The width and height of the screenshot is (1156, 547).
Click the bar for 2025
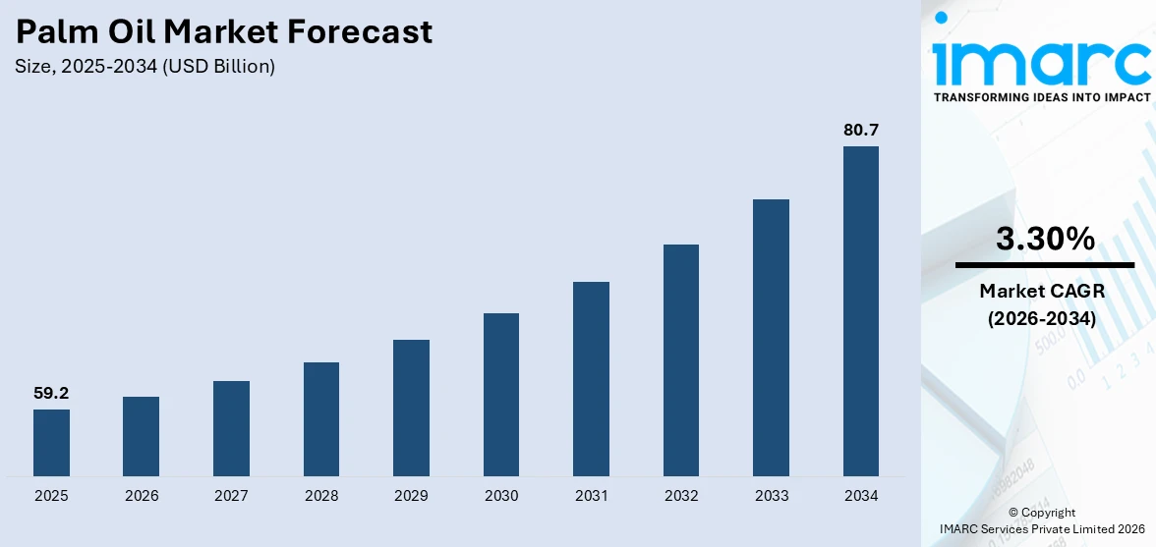pos(51,443)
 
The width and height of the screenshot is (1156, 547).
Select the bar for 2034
pos(861,311)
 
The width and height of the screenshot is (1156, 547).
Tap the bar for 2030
pos(501,395)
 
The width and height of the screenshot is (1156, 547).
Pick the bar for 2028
pos(321,419)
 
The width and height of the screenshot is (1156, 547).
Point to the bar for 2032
pos(681,360)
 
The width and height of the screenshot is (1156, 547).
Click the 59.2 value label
pos(51,393)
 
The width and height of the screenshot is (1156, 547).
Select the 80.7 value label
pos(861,130)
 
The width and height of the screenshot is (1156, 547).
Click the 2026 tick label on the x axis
pos(142,496)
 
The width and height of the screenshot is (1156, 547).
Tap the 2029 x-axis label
pos(411,496)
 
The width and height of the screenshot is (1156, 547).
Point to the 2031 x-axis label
pos(591,496)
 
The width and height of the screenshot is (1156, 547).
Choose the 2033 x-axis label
pos(772,496)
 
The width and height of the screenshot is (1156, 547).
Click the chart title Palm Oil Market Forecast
pos(224,32)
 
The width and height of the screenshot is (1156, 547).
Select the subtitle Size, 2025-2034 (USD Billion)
pos(145,67)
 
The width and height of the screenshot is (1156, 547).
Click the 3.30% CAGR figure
pos(1045,239)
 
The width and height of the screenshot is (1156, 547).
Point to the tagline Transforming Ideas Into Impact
pos(1042,97)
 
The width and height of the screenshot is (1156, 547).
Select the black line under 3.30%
pos(1045,265)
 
